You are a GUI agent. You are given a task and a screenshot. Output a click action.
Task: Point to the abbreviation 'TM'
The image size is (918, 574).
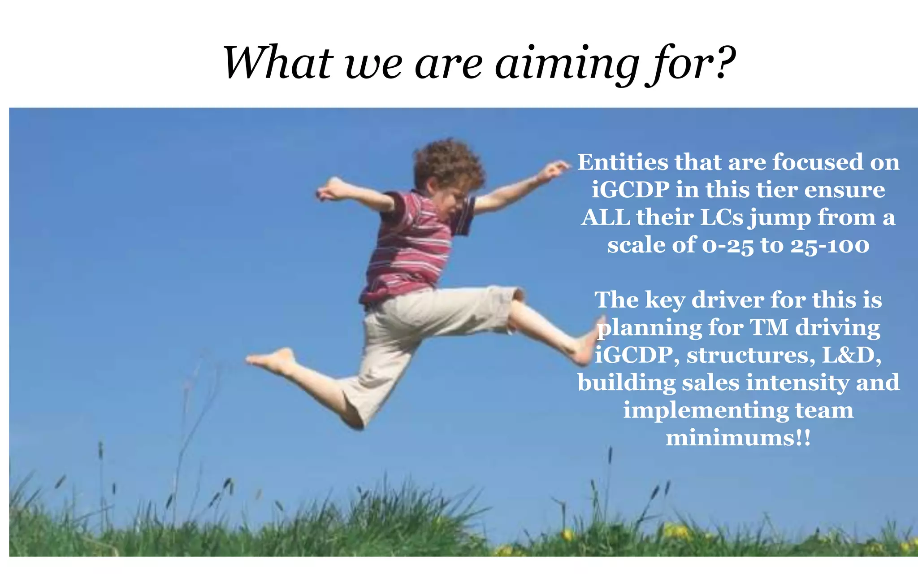[769, 327]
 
